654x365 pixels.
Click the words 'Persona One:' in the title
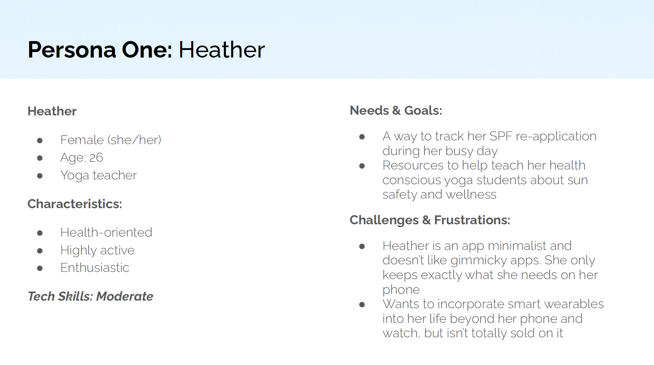pyautogui.click(x=100, y=50)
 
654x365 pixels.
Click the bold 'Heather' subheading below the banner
pyautogui.click(x=52, y=111)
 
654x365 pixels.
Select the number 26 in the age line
pyautogui.click(x=96, y=158)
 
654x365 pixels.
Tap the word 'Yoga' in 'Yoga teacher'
pyautogui.click(x=75, y=176)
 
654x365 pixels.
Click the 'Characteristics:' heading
pyautogui.click(x=75, y=204)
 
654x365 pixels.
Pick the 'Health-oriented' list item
pyautogui.click(x=106, y=232)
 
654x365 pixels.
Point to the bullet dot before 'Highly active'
pyautogui.click(x=40, y=251)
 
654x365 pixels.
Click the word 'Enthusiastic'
pyautogui.click(x=95, y=268)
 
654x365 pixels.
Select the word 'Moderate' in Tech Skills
pyautogui.click(x=125, y=297)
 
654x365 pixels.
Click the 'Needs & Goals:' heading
pyautogui.click(x=396, y=111)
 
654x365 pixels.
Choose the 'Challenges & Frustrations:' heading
pyautogui.click(x=430, y=220)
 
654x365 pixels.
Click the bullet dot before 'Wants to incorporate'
pyautogui.click(x=362, y=305)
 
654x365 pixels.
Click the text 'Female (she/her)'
pyautogui.click(x=111, y=140)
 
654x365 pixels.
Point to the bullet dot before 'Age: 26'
pyautogui.click(x=40, y=158)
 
